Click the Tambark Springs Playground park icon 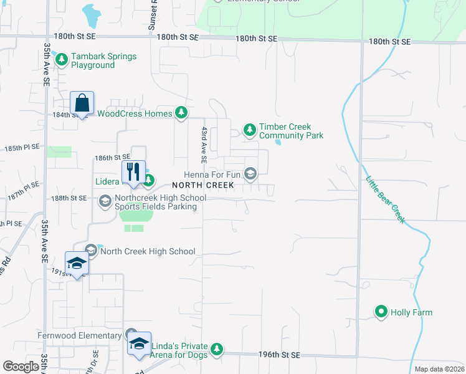62,60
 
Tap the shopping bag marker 82,103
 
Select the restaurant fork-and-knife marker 133,172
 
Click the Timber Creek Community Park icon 250,130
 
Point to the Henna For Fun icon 250,174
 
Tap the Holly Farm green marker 381,312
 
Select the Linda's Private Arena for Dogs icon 217,349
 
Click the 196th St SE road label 279,355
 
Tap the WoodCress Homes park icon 181,113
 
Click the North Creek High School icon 92,251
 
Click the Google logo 21,367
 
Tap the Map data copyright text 439,369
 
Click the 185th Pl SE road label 22,147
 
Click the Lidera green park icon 149,181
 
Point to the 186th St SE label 112,158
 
